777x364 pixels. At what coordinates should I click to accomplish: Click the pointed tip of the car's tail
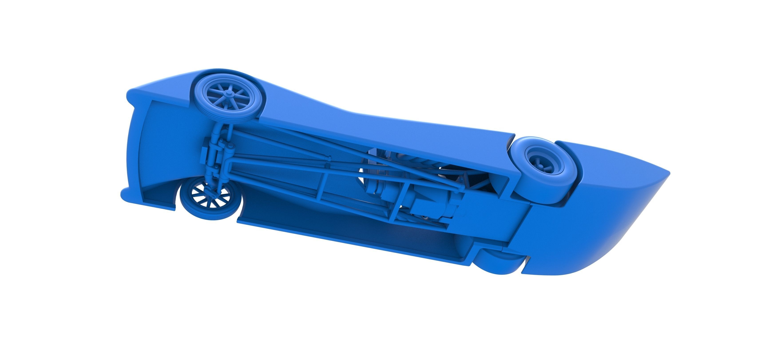tap(669, 173)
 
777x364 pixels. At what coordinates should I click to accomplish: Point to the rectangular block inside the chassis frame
tap(425, 205)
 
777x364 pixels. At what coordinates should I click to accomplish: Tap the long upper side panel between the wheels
tap(377, 133)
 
